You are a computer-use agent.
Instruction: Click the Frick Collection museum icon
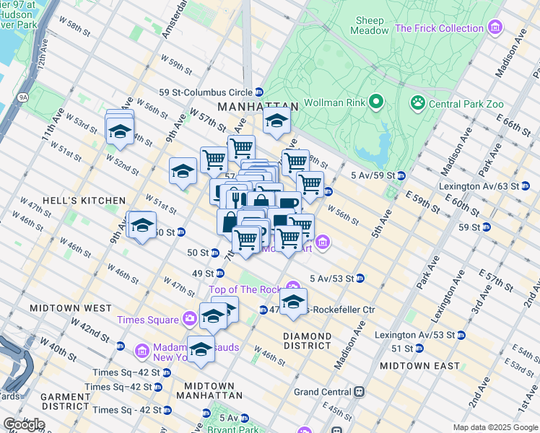pos(495,28)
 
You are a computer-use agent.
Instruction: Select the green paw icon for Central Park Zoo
pos(417,103)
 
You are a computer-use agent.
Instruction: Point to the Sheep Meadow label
pos(368,25)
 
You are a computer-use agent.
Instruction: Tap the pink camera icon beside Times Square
pos(189,319)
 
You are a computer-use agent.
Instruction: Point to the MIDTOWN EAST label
pos(419,365)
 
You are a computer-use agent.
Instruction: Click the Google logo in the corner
pos(23,424)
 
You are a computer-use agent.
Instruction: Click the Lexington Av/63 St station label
pos(479,185)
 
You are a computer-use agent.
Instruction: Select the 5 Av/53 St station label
pos(331,278)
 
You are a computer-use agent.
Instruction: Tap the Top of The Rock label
pos(245,289)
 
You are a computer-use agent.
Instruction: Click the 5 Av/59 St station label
pos(373,175)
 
